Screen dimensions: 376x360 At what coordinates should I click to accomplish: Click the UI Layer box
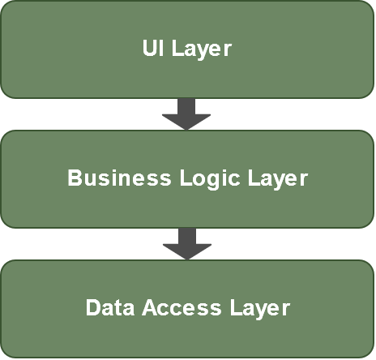187,49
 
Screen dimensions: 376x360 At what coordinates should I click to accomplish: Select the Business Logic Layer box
187,179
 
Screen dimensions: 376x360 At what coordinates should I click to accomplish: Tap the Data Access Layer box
187,309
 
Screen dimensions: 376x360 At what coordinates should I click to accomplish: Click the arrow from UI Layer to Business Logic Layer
186,114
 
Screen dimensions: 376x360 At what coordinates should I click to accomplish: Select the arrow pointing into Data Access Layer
187,244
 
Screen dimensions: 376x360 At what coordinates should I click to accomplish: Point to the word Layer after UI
202,49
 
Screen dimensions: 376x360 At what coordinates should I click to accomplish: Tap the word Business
119,178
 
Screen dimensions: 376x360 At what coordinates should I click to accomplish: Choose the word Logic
210,179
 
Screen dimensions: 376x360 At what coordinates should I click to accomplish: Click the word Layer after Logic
278,179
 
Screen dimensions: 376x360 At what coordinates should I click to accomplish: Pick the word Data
110,307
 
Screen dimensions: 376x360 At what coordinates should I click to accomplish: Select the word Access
182,307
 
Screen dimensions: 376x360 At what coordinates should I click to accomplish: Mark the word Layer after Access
260,309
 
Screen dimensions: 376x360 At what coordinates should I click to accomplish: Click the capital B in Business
75,178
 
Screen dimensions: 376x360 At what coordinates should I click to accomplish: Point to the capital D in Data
93,307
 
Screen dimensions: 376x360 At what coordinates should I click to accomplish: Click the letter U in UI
149,48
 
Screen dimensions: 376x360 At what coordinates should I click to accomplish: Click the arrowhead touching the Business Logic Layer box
186,122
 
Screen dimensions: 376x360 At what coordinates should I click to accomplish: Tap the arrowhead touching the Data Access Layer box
187,252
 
